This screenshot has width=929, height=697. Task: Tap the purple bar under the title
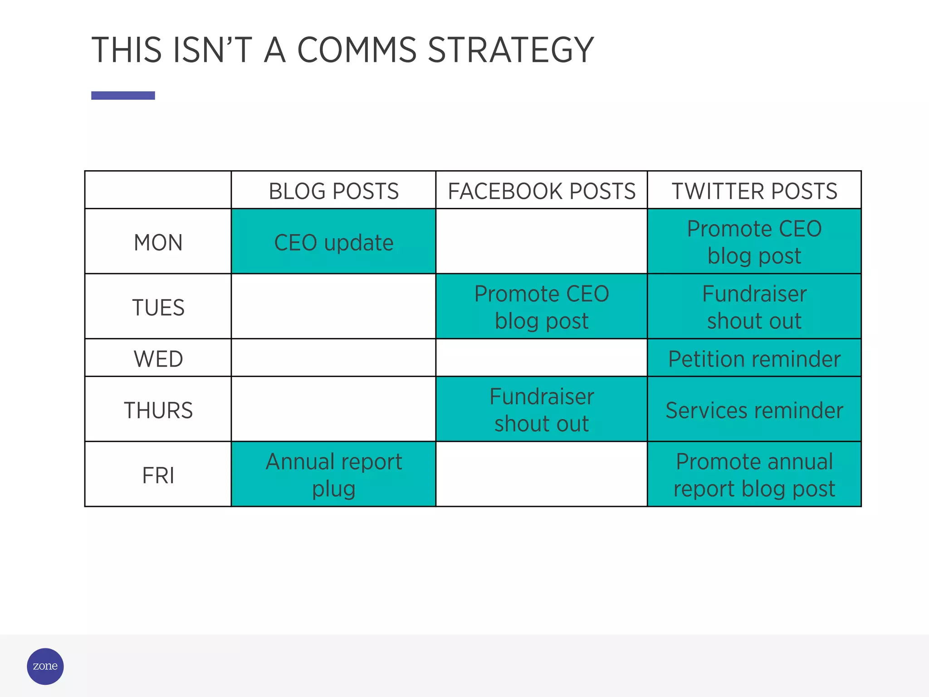pyautogui.click(x=123, y=95)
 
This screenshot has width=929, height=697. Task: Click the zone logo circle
pyautogui.click(x=45, y=666)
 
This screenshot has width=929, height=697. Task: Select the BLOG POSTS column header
pyautogui.click(x=333, y=191)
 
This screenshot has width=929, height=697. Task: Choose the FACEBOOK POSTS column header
pyautogui.click(x=541, y=191)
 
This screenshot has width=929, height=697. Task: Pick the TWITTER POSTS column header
pyautogui.click(x=754, y=191)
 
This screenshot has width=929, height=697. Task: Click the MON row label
pyautogui.click(x=158, y=242)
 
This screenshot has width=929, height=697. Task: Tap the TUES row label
pyautogui.click(x=158, y=307)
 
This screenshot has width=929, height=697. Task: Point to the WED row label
pyautogui.click(x=158, y=358)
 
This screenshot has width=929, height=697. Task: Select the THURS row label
pyautogui.click(x=158, y=410)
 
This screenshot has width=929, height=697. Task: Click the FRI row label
pyautogui.click(x=158, y=475)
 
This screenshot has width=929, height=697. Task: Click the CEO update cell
pyautogui.click(x=333, y=242)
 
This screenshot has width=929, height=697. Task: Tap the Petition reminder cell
pyautogui.click(x=754, y=358)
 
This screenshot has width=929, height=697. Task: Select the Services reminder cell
pyautogui.click(x=754, y=410)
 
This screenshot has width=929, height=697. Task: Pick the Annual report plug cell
pyautogui.click(x=333, y=475)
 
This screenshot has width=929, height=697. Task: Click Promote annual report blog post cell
pyautogui.click(x=754, y=475)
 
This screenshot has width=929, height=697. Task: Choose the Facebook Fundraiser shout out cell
pyautogui.click(x=541, y=410)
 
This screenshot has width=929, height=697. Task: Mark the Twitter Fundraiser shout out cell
pyautogui.click(x=754, y=307)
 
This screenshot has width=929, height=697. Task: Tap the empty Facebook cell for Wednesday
pyautogui.click(x=541, y=358)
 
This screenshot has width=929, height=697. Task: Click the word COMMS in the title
pyautogui.click(x=357, y=50)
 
